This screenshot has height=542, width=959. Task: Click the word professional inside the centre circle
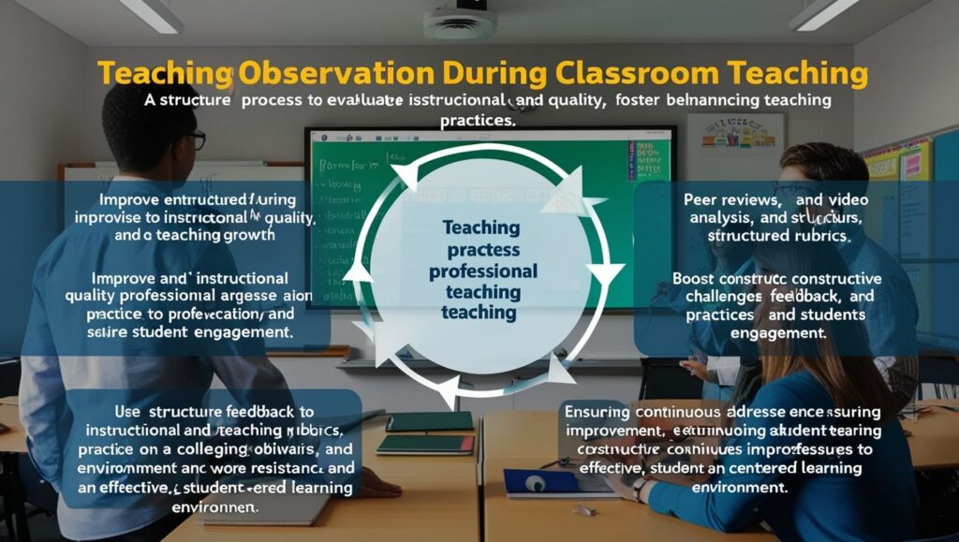pyautogui.click(x=482, y=271)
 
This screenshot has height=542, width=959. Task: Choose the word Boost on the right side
pyautogui.click(x=697, y=279)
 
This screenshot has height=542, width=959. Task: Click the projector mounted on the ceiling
pyautogui.click(x=459, y=23)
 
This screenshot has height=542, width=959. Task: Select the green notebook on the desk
pyautogui.click(x=429, y=422)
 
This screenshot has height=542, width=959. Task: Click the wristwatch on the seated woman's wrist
pyautogui.click(x=638, y=489)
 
